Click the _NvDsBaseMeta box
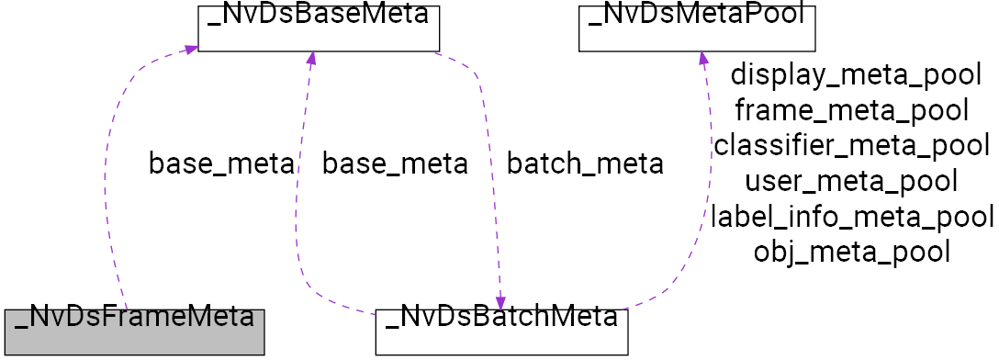coord(320,28)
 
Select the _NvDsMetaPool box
coord(697,28)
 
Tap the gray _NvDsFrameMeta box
coord(134,332)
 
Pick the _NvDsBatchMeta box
coord(501,332)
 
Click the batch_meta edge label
coord(585,164)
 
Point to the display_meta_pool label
coord(856,75)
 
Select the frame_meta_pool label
coord(851,110)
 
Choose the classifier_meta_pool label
coord(851,145)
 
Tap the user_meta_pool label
coord(851,180)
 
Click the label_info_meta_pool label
coord(852,216)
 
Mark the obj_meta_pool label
coord(851,250)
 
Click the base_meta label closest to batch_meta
coord(395,164)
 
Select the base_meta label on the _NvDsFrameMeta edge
coord(221,164)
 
